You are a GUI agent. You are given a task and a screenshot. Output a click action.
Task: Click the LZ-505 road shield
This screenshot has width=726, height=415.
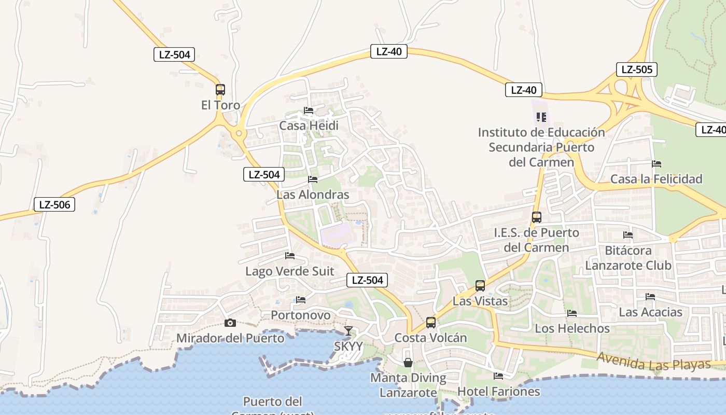pos(637,70)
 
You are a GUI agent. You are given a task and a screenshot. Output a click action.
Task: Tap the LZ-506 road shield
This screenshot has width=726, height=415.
pos(54,204)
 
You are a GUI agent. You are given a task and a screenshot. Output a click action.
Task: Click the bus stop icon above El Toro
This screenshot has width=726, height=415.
pos(220,89)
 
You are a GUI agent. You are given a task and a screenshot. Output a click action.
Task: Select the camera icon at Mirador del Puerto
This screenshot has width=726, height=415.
pos(230,323)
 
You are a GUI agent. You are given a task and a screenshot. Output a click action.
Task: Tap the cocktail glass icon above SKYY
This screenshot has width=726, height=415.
pos(348,330)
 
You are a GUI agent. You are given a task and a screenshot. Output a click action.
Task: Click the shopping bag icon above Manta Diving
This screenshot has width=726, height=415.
pos(408,362)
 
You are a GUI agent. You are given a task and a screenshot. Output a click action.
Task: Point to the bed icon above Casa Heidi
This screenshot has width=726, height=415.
pos(309,110)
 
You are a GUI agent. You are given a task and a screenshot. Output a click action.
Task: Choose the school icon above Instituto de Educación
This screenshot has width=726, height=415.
pos(541,117)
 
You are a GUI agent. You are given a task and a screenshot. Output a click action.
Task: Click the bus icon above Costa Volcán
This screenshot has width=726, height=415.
pos(431,323)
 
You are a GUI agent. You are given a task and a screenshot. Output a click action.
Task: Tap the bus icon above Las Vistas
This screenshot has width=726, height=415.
pos(480,285)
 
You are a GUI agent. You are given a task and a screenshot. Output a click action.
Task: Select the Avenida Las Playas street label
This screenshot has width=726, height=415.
pos(653,361)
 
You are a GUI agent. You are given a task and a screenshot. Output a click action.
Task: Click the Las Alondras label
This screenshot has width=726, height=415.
pos(313,195)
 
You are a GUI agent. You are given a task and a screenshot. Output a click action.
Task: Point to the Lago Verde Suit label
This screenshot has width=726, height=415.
pos(290,271)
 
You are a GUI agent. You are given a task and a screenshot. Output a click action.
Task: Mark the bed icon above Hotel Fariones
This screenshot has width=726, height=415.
pos(498,376)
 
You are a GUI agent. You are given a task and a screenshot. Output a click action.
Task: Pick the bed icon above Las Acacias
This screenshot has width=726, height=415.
pos(650,297)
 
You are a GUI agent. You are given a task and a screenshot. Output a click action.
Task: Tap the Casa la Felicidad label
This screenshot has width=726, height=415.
pos(657,179)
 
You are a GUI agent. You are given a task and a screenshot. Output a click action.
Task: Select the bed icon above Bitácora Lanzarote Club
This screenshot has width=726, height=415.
pos(628,235)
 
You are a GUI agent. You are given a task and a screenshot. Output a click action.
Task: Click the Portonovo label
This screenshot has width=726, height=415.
pos(301,315)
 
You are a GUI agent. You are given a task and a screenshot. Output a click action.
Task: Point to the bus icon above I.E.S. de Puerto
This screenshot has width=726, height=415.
pos(537,217)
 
